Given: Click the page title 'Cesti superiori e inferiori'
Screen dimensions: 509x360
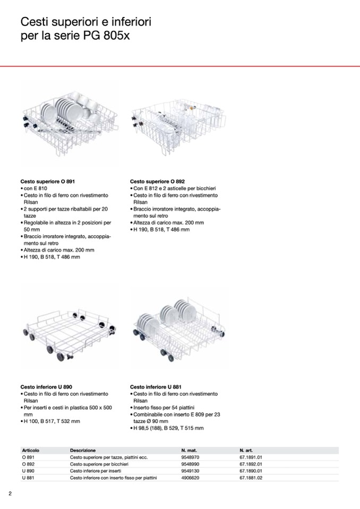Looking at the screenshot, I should [86, 22].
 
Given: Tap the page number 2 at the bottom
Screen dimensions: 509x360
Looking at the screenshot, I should [10, 494].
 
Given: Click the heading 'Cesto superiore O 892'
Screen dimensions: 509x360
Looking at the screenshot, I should [157, 182].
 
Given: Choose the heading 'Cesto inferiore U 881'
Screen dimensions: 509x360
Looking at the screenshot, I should [156, 387].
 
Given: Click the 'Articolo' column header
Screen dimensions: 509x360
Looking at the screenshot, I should [31, 450].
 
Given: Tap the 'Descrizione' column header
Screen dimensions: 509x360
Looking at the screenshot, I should [83, 450].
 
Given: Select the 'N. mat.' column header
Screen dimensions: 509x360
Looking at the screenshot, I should [189, 450].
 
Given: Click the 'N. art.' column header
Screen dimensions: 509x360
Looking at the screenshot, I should [246, 450].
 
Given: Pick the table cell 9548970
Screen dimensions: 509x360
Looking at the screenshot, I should [190, 457].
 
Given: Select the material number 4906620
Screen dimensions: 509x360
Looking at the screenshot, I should [190, 478].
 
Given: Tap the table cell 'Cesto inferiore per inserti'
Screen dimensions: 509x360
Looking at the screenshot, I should [99, 471].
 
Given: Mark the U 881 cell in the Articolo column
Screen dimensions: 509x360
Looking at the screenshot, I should [28, 478].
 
